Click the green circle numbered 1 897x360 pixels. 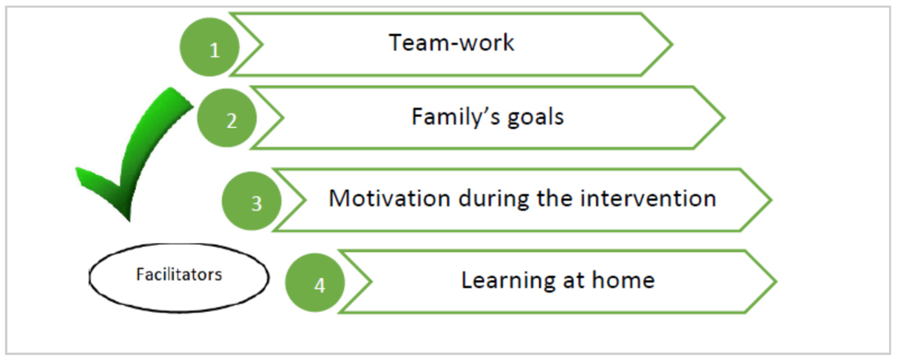210,47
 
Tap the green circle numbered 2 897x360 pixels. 227,118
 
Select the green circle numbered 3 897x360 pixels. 252,201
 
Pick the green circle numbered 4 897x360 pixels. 315,282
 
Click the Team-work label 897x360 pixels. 451,43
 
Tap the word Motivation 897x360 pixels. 389,198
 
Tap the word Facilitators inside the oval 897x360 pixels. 179,275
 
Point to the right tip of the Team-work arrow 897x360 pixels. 672,44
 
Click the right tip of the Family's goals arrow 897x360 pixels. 724,118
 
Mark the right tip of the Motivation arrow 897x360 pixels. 772,200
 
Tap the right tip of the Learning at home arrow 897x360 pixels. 777,281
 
